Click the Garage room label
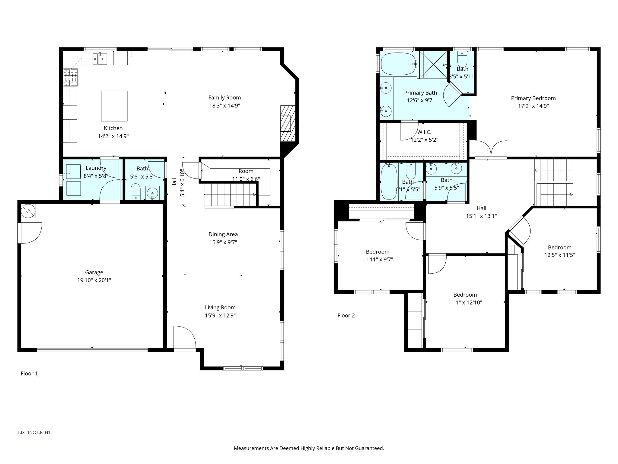(x=94, y=272)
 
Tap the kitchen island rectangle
(x=114, y=106)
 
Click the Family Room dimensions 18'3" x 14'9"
(x=225, y=106)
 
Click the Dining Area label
(x=223, y=234)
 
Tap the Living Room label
(x=220, y=308)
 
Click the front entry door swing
(x=185, y=337)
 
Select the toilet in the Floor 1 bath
(x=136, y=191)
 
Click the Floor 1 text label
(x=29, y=373)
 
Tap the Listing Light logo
(x=34, y=432)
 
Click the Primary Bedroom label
(x=533, y=98)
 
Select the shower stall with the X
(x=433, y=64)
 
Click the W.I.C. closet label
(x=424, y=132)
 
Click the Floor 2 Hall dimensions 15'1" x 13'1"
(x=481, y=216)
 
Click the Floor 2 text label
(x=346, y=315)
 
